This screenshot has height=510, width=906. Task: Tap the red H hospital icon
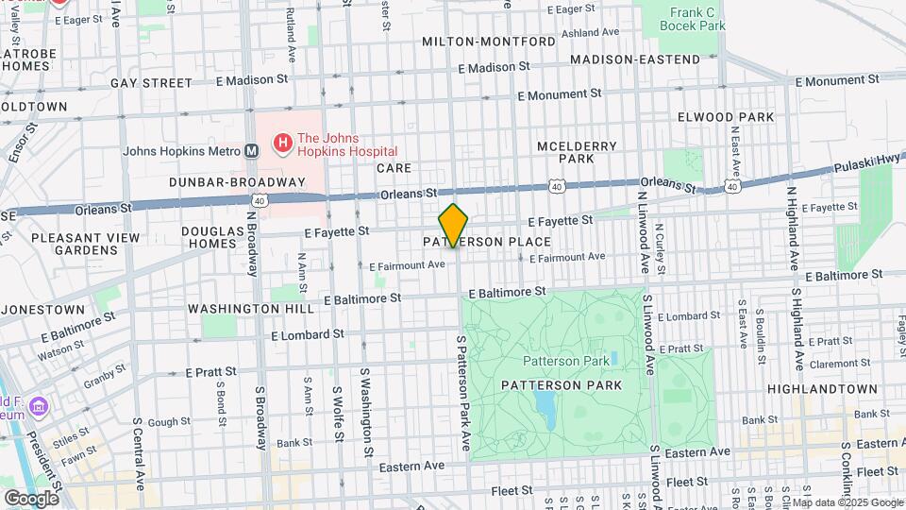281,144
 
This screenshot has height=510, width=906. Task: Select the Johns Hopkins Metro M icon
252,150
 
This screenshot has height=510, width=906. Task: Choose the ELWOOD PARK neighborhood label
725,117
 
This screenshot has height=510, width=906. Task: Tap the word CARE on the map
394,168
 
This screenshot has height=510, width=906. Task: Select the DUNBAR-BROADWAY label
237,181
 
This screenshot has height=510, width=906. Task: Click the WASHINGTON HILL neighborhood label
250,309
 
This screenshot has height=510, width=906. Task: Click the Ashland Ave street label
594,33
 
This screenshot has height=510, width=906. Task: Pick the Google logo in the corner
31,498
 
